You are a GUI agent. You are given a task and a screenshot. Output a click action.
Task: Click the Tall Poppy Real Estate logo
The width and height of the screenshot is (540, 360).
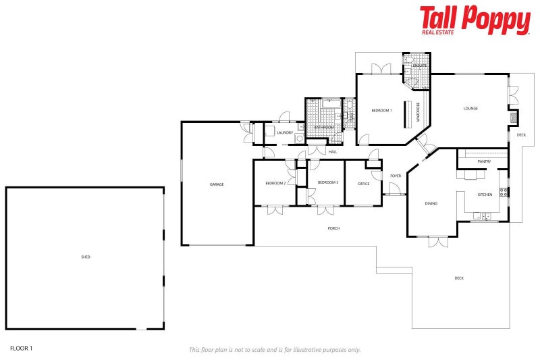click(x=475, y=20)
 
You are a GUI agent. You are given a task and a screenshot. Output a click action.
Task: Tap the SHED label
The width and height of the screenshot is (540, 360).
click(x=85, y=257)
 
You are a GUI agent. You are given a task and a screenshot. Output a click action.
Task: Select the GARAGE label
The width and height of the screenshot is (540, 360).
click(x=216, y=184)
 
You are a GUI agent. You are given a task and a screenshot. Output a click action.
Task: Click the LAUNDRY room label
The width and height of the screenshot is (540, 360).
click(x=285, y=132)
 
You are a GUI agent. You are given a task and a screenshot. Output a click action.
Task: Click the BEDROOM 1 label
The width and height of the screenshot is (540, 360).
click(x=381, y=110)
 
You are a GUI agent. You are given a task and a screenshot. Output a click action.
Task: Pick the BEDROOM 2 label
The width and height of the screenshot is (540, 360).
click(x=275, y=183)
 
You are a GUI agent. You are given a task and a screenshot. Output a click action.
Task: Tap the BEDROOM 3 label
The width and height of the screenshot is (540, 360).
click(x=327, y=182)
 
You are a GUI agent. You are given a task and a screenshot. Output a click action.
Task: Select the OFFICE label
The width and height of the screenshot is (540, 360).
click(x=363, y=184)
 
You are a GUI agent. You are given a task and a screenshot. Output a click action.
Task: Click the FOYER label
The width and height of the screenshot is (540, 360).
click(x=396, y=176)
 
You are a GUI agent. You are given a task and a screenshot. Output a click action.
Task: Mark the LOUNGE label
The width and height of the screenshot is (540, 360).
click(x=470, y=108)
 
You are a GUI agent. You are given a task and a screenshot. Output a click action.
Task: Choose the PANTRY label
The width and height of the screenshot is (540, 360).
click(x=483, y=161)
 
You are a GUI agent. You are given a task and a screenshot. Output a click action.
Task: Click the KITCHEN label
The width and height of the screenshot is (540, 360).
click(x=485, y=195)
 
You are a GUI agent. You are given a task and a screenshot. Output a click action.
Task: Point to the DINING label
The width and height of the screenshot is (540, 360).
click(x=431, y=203)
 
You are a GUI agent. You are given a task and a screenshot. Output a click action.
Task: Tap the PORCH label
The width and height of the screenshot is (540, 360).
click(x=333, y=228)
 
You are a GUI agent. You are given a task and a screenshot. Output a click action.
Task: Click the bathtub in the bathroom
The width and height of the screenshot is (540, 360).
click(x=330, y=104)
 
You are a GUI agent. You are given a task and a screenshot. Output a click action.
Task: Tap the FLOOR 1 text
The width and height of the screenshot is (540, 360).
click(x=21, y=349)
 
